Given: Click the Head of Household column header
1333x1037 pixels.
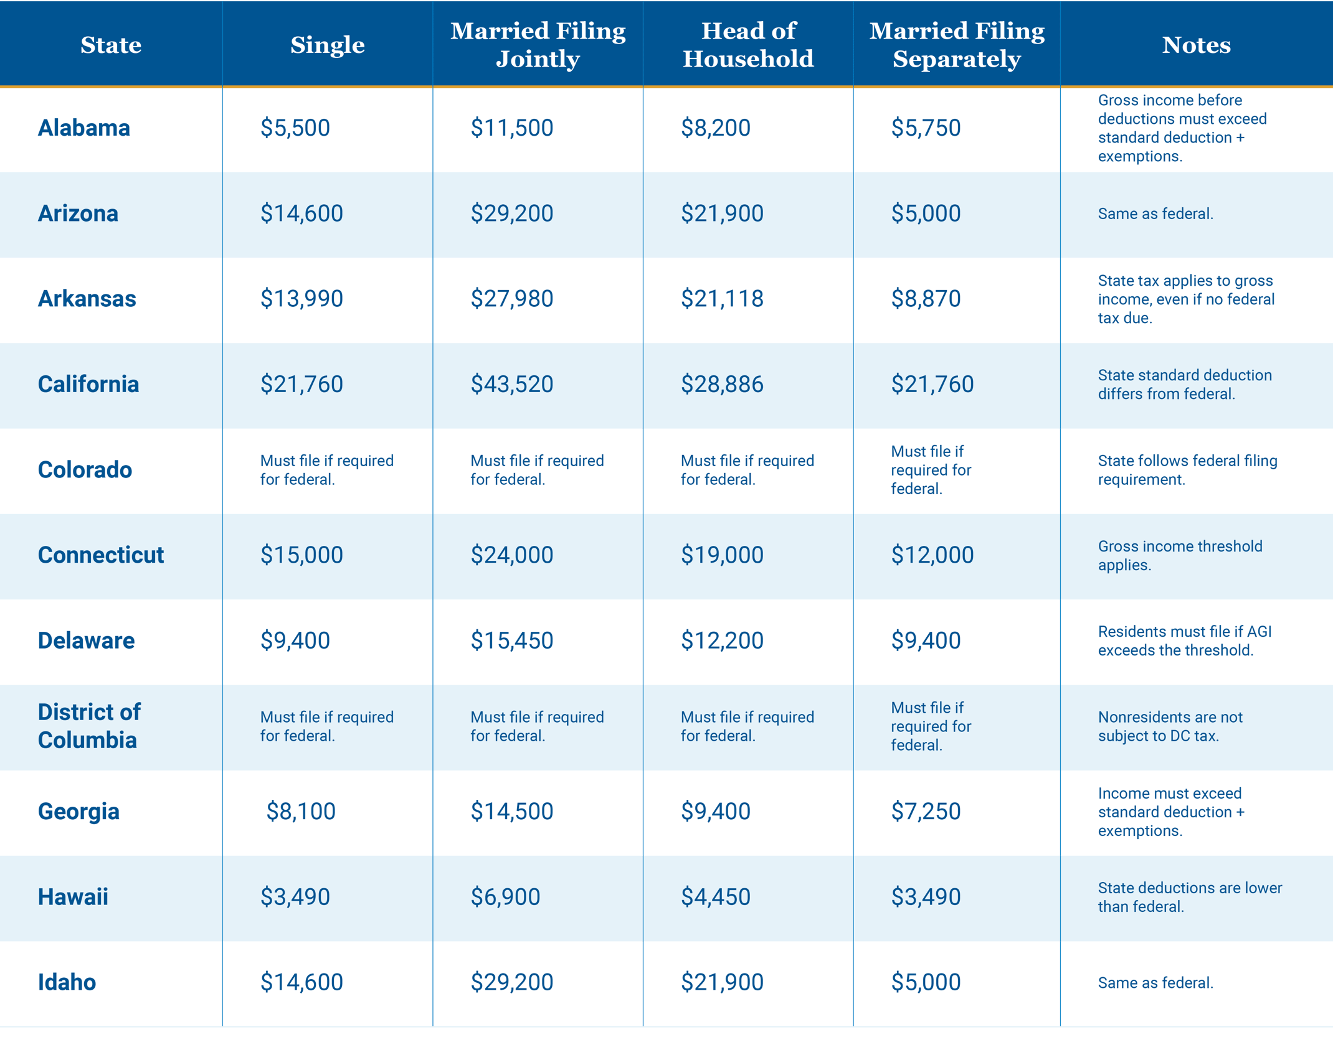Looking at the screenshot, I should coord(748,45).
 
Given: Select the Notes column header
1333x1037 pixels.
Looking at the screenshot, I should coord(1196,45).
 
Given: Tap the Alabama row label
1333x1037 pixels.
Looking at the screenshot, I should coord(84,128).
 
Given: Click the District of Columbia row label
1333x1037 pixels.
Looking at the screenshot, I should coord(89,726).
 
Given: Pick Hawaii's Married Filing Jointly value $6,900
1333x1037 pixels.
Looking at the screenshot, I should coord(505,897).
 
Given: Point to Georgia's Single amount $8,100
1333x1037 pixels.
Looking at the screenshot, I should coord(301,812).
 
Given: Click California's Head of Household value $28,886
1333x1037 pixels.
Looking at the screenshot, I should coord(722,385).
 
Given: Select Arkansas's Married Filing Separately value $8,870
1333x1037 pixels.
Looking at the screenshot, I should coord(926,299).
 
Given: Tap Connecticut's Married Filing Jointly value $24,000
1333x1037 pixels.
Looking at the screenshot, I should coord(511,555).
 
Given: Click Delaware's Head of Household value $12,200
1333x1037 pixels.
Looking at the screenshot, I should coord(722,640).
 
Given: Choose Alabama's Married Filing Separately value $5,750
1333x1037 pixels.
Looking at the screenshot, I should coord(926,128).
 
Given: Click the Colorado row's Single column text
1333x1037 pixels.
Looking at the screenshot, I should coord(326,470).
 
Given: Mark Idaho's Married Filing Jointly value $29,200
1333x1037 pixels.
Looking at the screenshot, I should coord(511,982).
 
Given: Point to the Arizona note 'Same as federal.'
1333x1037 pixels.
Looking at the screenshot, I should coord(1155,214).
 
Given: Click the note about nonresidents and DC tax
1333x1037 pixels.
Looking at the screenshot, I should coord(1170,726).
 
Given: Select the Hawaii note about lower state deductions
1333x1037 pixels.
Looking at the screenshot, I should coord(1190,897).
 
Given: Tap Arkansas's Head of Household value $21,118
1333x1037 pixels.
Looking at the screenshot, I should coord(722,299).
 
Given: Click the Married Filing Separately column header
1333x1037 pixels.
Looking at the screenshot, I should coord(957,45).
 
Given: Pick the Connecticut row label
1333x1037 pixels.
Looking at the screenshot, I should coord(101,555).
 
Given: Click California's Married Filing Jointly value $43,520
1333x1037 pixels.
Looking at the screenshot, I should coord(511,385).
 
